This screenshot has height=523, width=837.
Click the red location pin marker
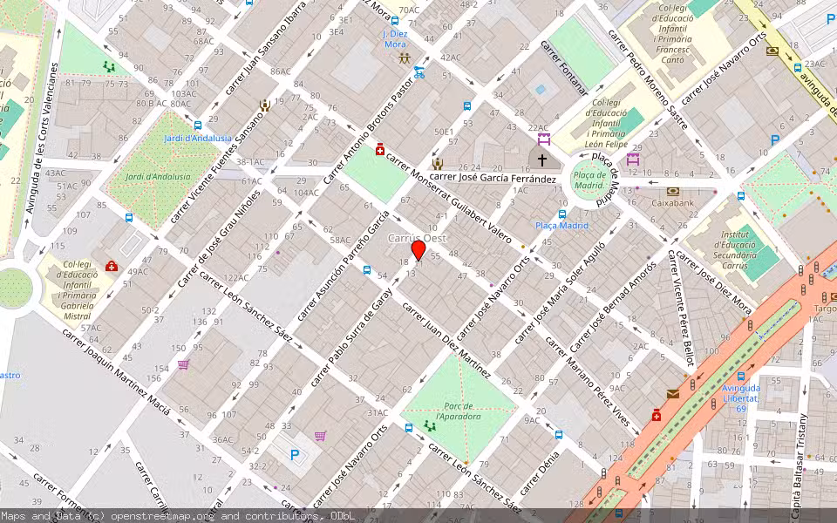click(418, 250)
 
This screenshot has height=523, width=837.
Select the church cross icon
click(542, 160)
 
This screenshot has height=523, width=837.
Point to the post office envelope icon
click(672, 394)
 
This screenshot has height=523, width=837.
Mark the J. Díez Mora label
click(395, 38)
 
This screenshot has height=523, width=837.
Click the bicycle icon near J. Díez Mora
click(419, 72)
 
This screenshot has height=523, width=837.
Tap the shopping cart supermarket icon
click(320, 436)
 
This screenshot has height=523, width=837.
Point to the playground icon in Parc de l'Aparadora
click(428, 426)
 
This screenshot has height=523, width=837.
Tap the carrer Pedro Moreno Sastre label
click(647, 78)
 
